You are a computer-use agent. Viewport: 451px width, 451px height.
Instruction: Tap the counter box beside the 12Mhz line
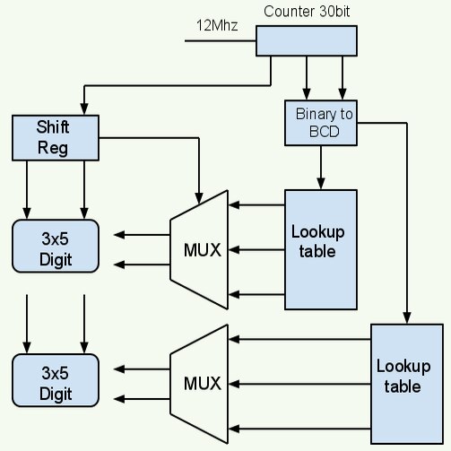pyautogui.click(x=307, y=42)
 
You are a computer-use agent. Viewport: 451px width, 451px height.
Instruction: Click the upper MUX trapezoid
pyautogui.click(x=202, y=249)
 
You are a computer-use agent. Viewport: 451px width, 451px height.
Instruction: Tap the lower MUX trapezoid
pyautogui.click(x=202, y=384)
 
